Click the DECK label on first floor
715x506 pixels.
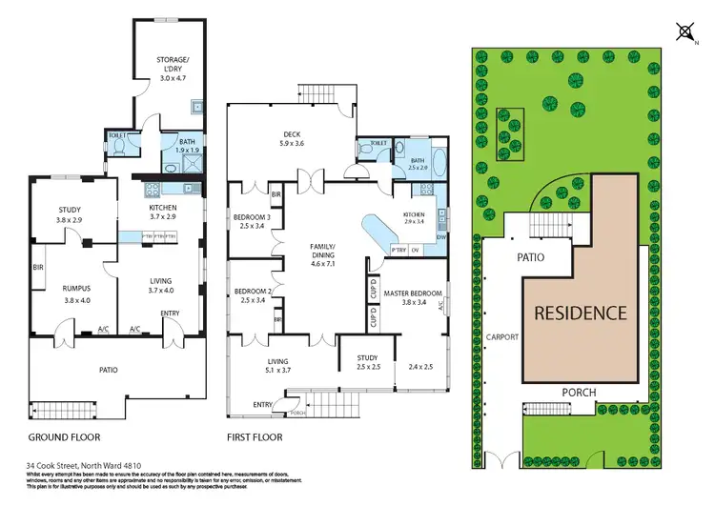292,134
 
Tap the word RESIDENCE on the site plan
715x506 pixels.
580,312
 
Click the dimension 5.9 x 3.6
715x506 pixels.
292,144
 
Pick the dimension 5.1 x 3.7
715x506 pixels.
277,370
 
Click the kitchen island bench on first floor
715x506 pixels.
387,230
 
